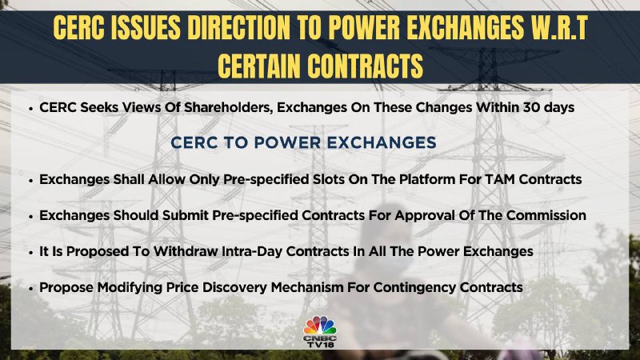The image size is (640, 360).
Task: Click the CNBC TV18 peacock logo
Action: tap(320, 332)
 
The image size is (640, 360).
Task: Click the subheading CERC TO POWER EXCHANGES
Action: tap(303, 142)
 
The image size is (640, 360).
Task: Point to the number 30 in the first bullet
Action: tap(529, 107)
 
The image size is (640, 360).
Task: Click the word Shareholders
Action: tap(229, 107)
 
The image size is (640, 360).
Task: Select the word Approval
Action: tap(424, 215)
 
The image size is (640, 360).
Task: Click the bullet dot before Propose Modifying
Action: tap(30, 288)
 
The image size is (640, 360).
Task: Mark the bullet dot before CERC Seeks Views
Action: tap(30, 108)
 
